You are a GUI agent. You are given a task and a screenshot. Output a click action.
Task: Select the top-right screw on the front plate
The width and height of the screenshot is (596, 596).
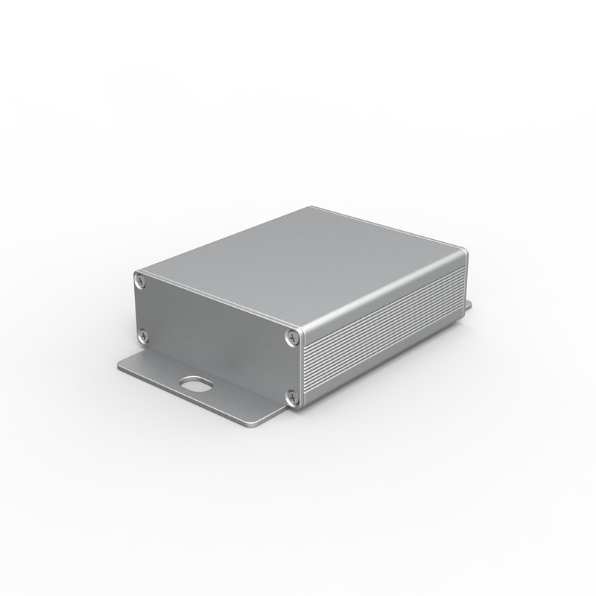(x=290, y=337)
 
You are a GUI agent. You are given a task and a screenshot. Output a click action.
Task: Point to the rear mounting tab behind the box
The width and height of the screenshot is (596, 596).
(x=468, y=305)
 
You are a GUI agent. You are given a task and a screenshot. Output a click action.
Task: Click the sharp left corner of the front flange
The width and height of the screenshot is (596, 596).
(x=119, y=367)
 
